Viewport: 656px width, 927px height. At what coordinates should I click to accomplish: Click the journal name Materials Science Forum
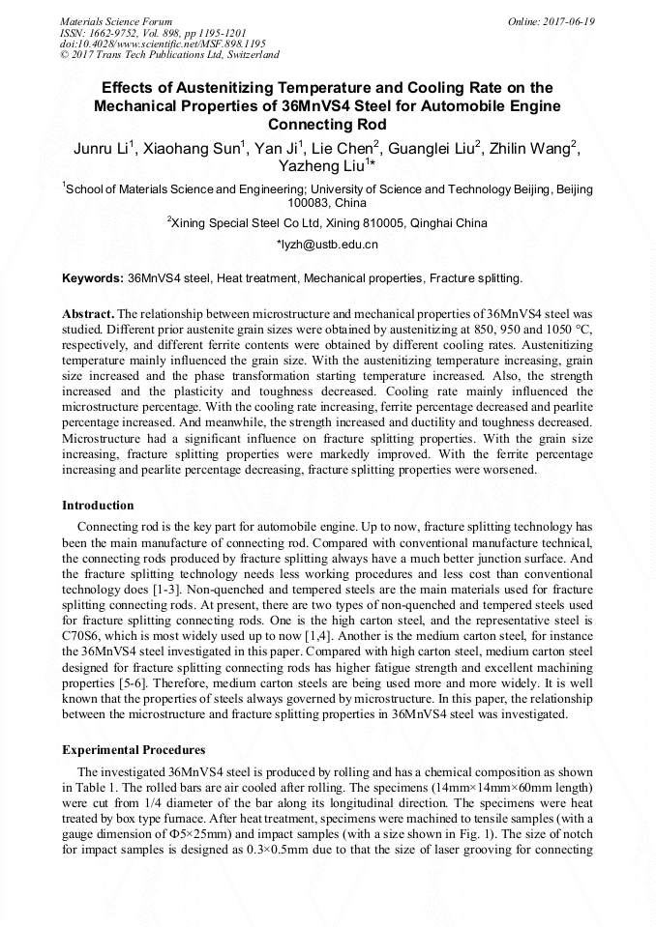[x=116, y=21]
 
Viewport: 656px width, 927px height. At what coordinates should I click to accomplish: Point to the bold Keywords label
[x=93, y=278]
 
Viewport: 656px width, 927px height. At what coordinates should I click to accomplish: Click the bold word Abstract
[x=88, y=315]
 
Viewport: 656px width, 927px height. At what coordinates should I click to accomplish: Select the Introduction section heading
[x=98, y=506]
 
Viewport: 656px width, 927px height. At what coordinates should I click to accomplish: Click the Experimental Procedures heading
[x=134, y=749]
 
